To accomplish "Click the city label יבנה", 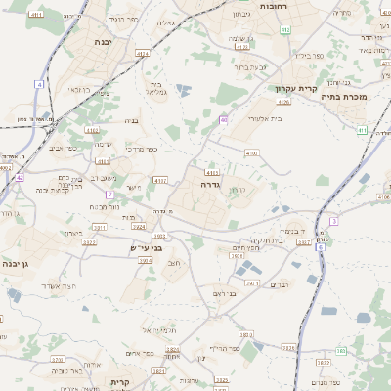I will point(104,43).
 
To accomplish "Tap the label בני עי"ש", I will point(145,248).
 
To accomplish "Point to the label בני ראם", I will point(224,293).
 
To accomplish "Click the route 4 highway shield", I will point(40,85).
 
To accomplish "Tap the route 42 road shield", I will point(20,177).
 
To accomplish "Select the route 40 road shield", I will point(224,120).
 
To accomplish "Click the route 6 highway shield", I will point(320,248).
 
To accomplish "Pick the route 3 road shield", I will point(333,222).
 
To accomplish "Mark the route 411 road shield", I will point(361,130).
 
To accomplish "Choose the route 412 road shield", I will point(285,31).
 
